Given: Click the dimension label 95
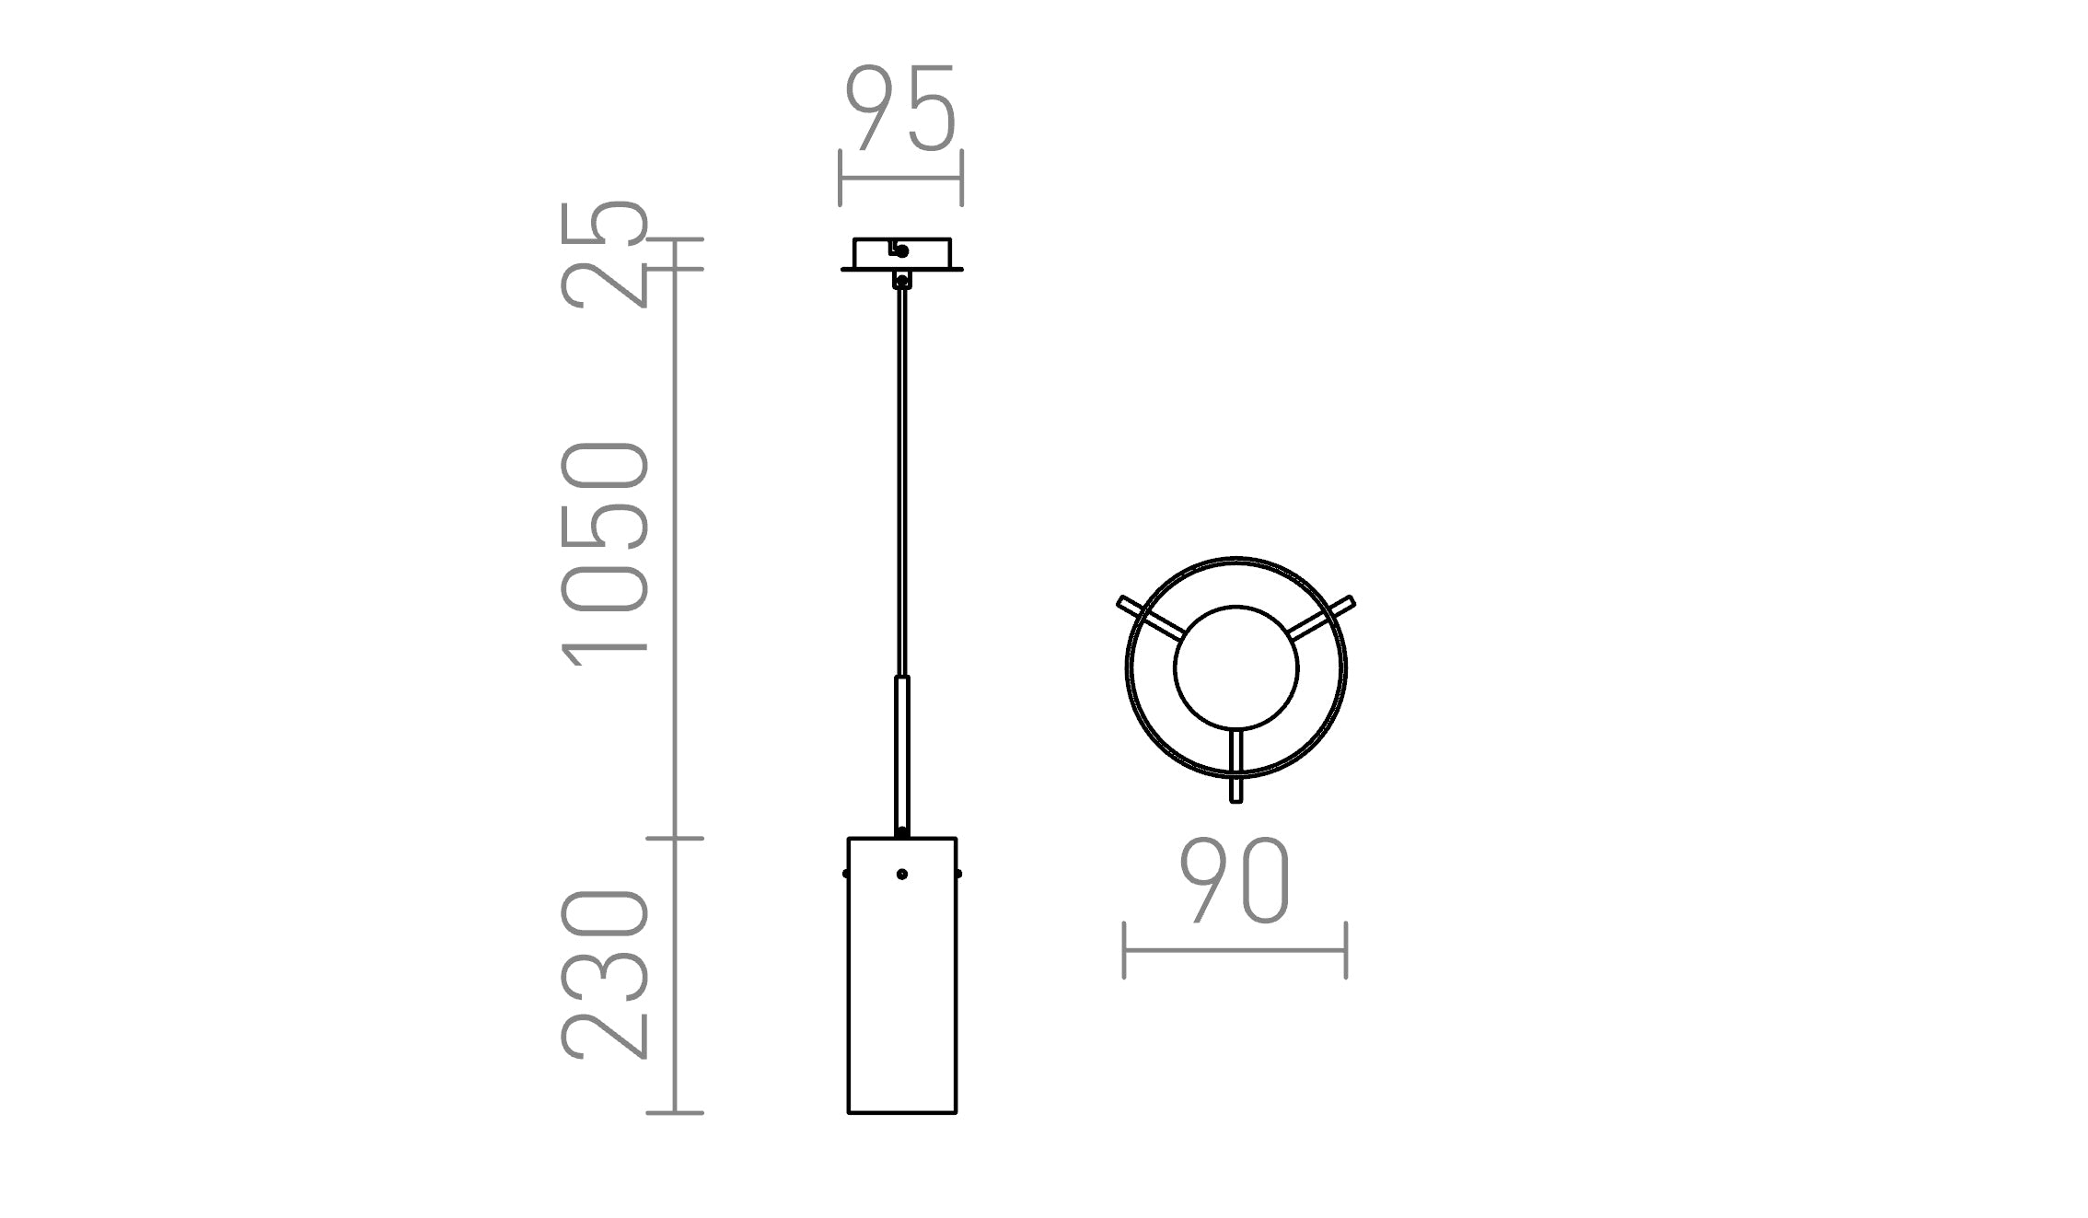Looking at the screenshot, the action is [x=901, y=108].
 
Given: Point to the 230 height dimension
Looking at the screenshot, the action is [x=604, y=974].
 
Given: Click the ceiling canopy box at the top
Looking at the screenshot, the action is [x=902, y=254].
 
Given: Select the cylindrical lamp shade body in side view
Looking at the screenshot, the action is [x=902, y=976].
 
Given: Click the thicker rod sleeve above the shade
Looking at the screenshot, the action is [x=902, y=755].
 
